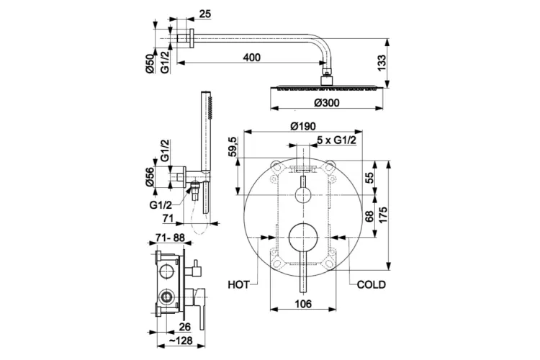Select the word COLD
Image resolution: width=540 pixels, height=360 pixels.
click(x=371, y=284)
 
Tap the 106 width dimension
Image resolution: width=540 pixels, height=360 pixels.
click(x=303, y=305)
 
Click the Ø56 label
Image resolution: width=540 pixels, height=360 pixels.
click(x=151, y=177)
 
